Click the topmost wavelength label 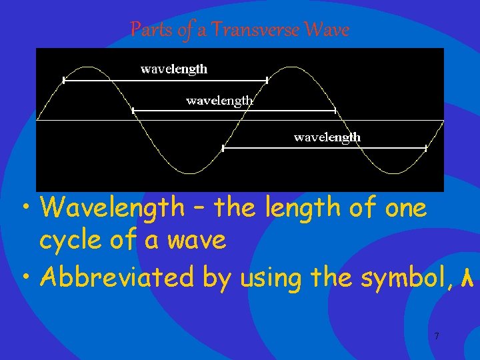point(174,69)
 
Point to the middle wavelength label point(219,101)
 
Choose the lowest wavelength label point(327,137)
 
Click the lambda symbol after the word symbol point(467,277)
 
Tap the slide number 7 point(437,337)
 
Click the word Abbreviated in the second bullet point(117,277)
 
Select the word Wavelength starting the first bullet point(111,208)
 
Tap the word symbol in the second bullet point(402,277)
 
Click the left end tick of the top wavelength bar point(63,80)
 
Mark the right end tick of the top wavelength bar point(267,80)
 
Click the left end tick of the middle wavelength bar point(133,110)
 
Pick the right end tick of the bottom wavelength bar point(426,148)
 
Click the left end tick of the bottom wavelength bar point(223,148)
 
